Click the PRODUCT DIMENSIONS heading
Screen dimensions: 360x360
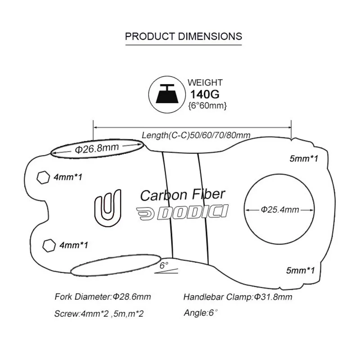(x=184, y=36)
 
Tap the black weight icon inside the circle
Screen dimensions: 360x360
(x=167, y=94)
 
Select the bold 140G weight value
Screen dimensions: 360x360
(x=205, y=94)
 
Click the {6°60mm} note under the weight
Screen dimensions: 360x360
(x=207, y=106)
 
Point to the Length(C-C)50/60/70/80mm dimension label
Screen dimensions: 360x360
(x=196, y=135)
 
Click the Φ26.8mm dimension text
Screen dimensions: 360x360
(x=97, y=148)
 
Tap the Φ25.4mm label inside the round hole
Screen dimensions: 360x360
(x=280, y=210)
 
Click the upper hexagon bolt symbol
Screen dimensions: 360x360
(x=43, y=177)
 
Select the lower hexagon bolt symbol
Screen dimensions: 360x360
(x=49, y=245)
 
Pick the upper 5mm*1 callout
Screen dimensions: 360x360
(x=304, y=158)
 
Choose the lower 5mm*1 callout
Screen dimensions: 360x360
(x=300, y=270)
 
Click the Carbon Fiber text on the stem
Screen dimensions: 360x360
(x=183, y=195)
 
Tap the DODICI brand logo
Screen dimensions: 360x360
(x=182, y=212)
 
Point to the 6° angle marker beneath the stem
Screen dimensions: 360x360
(x=166, y=267)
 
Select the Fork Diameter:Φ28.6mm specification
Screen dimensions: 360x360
(x=103, y=297)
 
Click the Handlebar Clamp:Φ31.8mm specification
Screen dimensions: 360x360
(x=238, y=297)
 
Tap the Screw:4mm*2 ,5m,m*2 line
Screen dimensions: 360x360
(x=99, y=314)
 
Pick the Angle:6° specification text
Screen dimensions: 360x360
(x=201, y=313)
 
